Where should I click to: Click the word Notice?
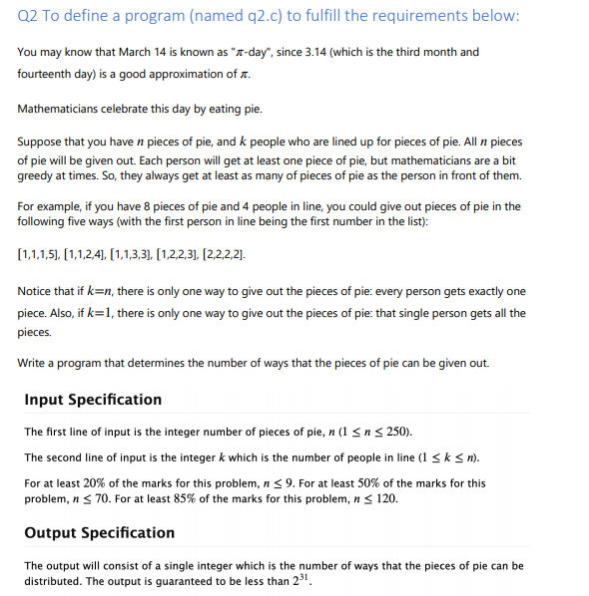coord(36,291)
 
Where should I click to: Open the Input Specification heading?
coord(93,400)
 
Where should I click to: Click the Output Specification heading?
coord(99,532)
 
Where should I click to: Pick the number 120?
coord(383,498)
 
